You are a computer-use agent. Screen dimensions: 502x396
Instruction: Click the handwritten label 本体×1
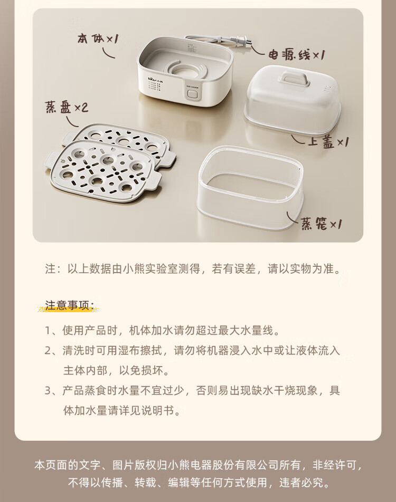[97, 38]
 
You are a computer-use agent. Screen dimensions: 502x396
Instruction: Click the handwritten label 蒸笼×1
[322, 225]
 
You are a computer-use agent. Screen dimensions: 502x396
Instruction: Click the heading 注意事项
[70, 305]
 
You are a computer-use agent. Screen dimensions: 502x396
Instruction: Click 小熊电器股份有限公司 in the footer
[218, 466]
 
